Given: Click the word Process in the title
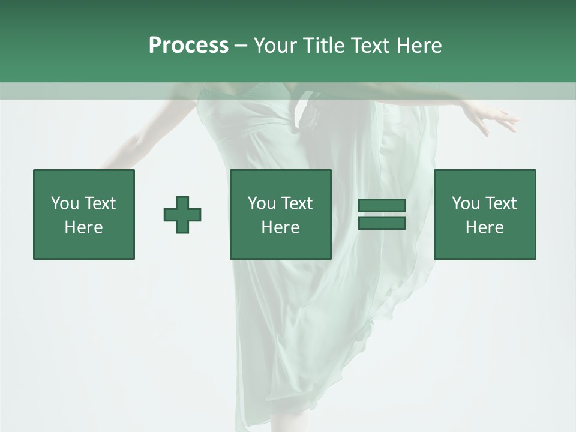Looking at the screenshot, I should point(188,46).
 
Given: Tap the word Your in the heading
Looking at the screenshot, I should point(274,46).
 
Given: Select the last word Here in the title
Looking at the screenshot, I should point(419,46).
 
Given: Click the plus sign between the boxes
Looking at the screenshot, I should point(182,215).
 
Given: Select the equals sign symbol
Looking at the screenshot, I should point(382,214).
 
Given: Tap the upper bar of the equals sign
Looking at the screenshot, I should point(382,206).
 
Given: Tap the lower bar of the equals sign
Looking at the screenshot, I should point(382,223).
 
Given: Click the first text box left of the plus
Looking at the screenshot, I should point(84,214).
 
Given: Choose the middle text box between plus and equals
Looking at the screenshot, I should point(280,214).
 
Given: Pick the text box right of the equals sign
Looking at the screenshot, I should point(484,214).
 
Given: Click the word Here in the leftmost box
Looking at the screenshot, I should point(84,227).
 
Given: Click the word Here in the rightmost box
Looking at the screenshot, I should point(484,227).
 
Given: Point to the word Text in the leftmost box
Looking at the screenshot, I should point(99,203).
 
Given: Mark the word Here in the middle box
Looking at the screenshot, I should point(280,227).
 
